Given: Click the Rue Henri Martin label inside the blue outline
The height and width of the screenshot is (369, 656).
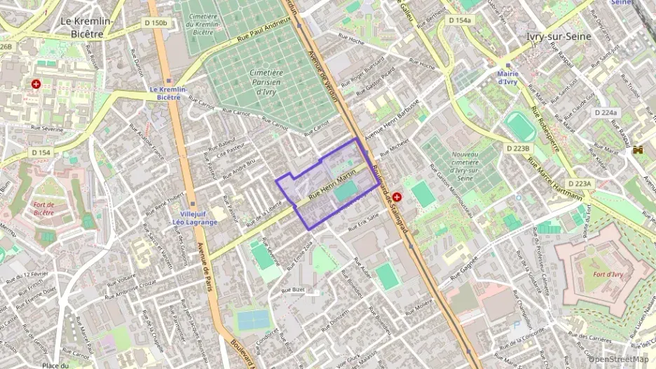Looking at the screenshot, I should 337,183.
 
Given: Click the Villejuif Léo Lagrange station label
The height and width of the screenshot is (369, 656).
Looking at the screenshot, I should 195,218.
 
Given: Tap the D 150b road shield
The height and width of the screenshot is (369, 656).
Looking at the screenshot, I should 156,23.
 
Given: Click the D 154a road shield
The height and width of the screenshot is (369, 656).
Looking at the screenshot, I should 459,20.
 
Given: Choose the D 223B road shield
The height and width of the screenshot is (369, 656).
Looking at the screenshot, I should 519,148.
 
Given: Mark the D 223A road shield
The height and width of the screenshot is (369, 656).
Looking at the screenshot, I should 579,183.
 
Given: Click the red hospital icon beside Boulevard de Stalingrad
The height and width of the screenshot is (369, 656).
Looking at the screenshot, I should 397,198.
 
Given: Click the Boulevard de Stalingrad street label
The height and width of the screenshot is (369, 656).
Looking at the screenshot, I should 390,200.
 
